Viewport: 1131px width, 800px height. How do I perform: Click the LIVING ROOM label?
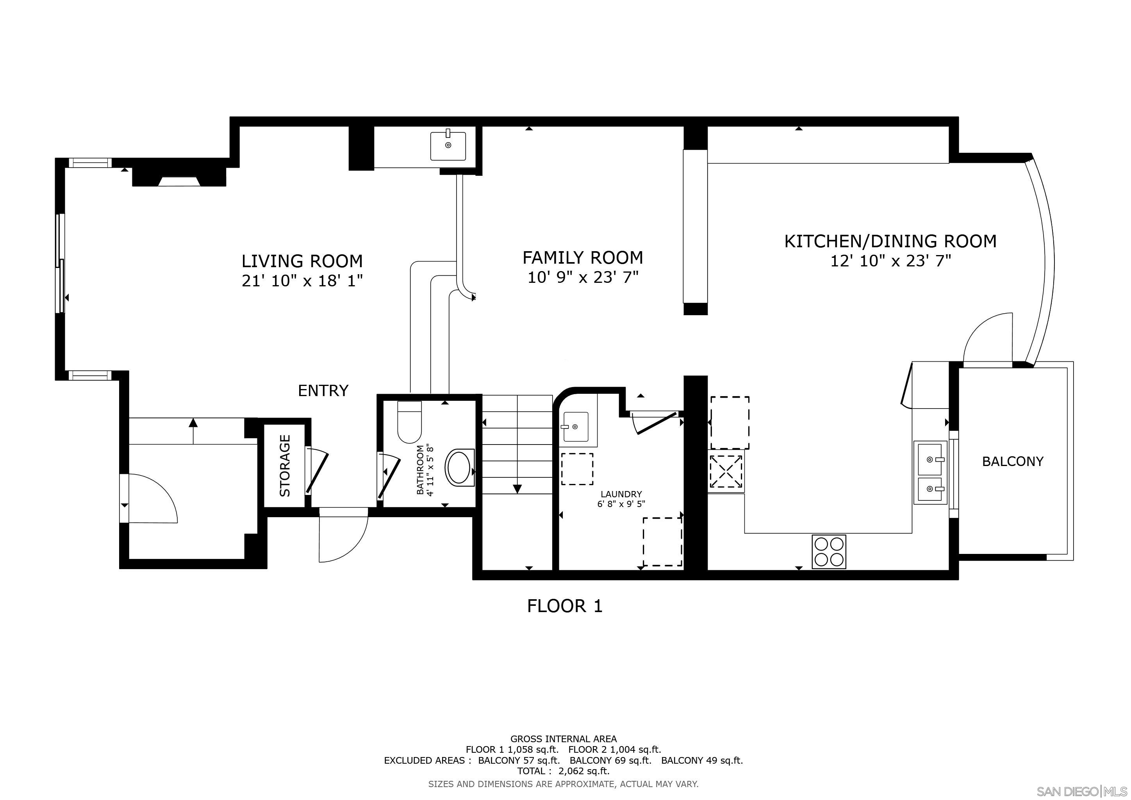(x=302, y=261)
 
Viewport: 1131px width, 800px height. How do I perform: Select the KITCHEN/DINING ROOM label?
(x=890, y=241)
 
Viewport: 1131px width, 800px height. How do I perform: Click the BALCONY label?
(x=1012, y=462)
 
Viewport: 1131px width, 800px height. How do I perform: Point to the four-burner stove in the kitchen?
(x=829, y=552)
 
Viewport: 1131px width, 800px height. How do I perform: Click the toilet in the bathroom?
(x=409, y=424)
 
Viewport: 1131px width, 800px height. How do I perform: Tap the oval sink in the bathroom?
(x=459, y=467)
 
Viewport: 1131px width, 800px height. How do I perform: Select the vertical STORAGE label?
(x=285, y=466)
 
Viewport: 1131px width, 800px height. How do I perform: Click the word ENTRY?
(x=323, y=391)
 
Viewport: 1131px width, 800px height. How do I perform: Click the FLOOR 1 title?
(x=564, y=606)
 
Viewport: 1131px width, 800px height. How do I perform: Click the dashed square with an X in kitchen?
(x=726, y=471)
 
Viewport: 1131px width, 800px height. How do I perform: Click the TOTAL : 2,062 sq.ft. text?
(x=563, y=771)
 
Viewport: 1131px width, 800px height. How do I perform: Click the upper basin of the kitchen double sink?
(x=930, y=459)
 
